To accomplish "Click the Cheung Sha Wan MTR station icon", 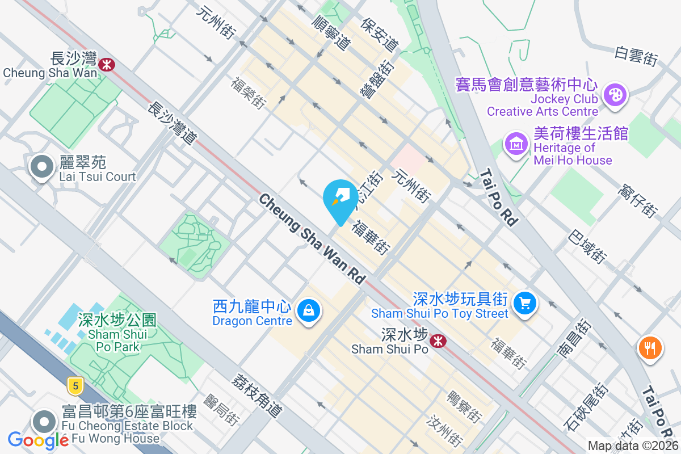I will pos(106,64).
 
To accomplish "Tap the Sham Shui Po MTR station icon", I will pos(437,340).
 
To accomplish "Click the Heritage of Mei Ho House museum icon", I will pos(516,143).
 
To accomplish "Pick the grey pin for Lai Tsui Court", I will pos(41,167).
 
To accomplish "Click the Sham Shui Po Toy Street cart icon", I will pos(524,303).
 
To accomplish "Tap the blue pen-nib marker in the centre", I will pos(340,199).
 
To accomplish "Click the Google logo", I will pos(39,440).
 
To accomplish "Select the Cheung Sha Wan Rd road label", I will pos(312,239).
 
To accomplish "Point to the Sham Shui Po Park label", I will pos(118,333).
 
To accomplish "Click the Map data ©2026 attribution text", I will pos(633,446).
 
